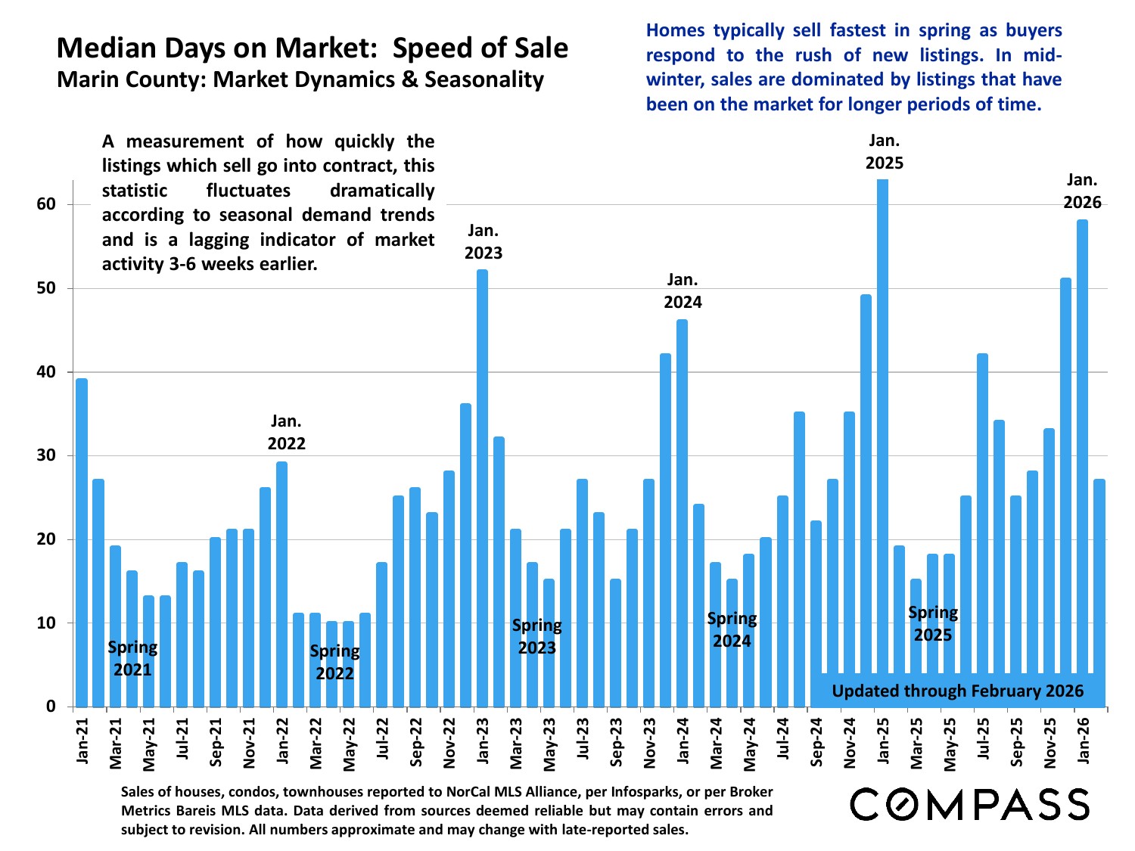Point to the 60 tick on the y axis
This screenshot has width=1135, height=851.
(46, 204)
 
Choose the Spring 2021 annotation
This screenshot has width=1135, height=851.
(132, 658)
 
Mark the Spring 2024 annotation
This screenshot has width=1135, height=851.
(732, 629)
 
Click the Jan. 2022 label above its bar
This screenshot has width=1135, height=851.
(286, 432)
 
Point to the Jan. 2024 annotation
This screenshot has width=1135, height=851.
(683, 291)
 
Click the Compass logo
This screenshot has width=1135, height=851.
(969, 804)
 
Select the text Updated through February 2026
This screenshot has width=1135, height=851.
(957, 691)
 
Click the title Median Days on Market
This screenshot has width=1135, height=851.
(312, 48)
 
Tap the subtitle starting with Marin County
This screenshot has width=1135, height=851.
(300, 79)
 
